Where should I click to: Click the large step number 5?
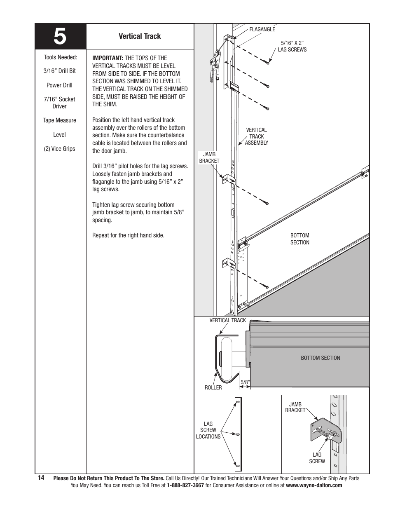tap(60, 37)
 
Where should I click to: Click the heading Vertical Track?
tap(140, 36)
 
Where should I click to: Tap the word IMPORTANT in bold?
tap(108, 58)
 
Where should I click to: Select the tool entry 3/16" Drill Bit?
tap(60, 71)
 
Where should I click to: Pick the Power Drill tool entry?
tap(59, 85)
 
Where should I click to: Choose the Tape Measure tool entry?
tap(59, 120)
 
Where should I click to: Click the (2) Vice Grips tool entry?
tap(60, 149)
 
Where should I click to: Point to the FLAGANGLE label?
tap(262, 30)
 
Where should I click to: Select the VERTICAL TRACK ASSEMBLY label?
tap(256, 136)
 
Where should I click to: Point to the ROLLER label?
tap(213, 387)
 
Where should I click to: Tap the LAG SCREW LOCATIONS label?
tap(208, 430)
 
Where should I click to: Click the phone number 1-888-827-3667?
tap(185, 486)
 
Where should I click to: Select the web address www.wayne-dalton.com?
tap(314, 486)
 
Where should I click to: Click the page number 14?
tap(41, 478)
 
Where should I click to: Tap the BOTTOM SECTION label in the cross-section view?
tap(320, 358)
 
